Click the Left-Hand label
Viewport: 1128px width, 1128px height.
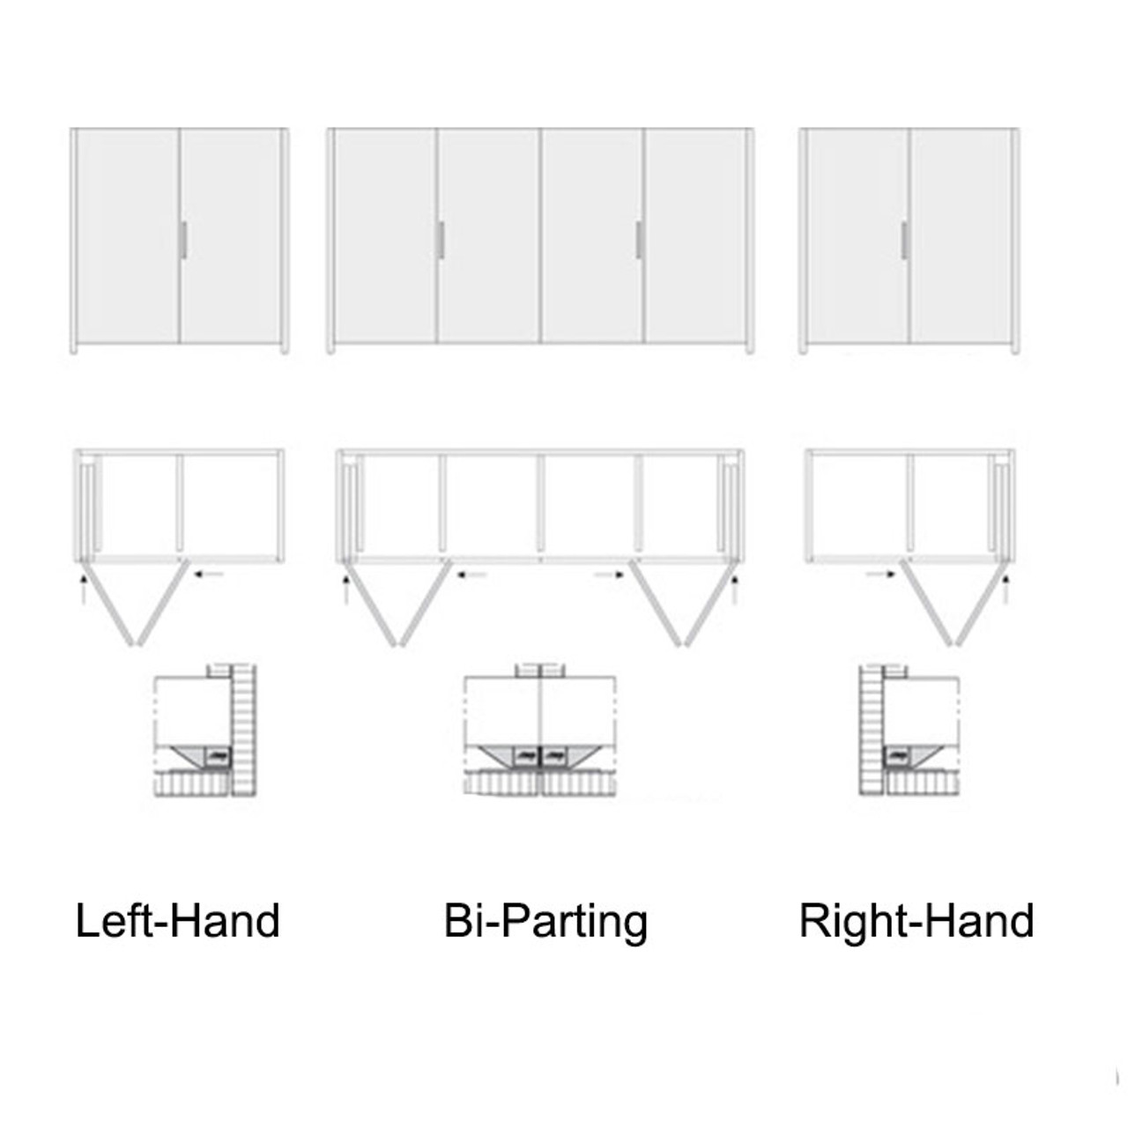177,921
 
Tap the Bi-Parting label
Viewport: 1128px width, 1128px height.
545,921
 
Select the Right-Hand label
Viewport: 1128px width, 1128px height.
916,921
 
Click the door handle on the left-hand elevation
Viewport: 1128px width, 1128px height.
183,240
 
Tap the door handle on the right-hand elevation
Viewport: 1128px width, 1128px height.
904,240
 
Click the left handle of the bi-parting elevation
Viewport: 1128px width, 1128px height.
441,240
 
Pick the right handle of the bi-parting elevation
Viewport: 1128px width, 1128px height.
639,240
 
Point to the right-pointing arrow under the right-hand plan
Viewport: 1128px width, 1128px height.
880,574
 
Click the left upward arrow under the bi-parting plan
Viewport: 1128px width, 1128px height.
346,589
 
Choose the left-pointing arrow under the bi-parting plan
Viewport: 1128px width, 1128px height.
472,575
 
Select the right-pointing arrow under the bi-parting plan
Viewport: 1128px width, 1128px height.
610,575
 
